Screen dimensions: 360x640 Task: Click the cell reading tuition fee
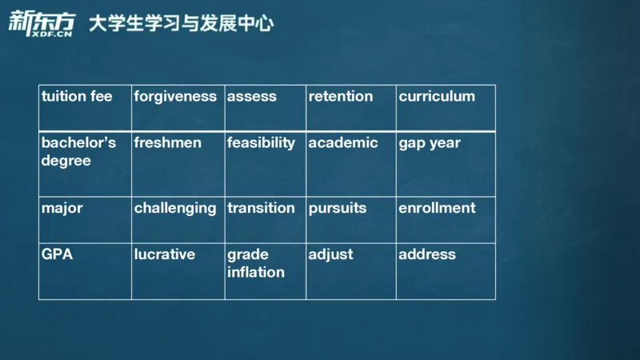click(x=77, y=97)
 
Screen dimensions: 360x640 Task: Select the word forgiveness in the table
click(x=175, y=97)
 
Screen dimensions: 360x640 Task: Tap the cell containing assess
click(x=252, y=97)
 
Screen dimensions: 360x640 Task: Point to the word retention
click(x=341, y=97)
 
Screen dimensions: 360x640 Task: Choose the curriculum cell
click(x=437, y=97)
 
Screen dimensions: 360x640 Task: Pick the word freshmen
click(x=167, y=143)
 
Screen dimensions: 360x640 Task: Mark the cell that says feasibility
click(x=261, y=143)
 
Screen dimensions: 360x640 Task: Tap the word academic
click(x=343, y=143)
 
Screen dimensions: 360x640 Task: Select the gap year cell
click(x=430, y=143)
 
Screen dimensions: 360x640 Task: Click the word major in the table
click(x=62, y=208)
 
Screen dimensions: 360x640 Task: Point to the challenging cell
click(x=175, y=208)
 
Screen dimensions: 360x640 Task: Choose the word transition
click(x=261, y=208)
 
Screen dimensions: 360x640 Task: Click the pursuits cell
click(x=338, y=208)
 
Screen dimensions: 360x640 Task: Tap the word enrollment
click(x=437, y=208)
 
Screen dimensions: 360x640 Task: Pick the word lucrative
click(x=165, y=254)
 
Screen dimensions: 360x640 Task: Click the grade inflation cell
click(x=256, y=263)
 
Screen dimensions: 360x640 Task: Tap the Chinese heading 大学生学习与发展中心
click(x=181, y=24)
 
